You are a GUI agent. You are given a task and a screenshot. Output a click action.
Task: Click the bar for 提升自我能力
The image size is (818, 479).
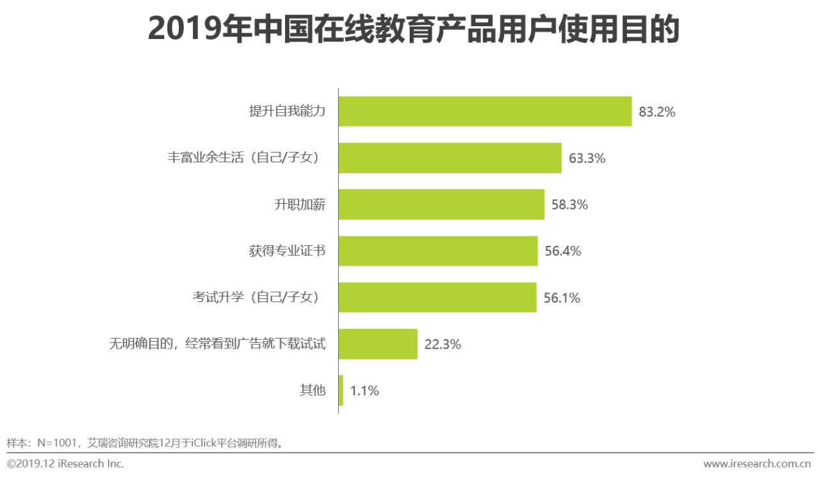coord(485,111)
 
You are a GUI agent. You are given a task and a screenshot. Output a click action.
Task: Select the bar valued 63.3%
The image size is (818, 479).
coord(450,158)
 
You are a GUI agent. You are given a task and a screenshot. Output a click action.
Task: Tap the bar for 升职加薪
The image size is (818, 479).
coord(442,204)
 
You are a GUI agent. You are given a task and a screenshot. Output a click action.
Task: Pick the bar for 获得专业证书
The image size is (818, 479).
coord(438,251)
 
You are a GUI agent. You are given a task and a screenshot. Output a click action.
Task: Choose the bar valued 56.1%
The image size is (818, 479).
coord(438,297)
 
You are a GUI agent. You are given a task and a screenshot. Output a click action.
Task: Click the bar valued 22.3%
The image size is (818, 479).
coord(378,344)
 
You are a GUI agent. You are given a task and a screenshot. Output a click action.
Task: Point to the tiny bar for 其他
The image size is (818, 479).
coord(341,390)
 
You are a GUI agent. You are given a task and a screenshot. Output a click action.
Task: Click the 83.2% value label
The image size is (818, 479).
coord(657,112)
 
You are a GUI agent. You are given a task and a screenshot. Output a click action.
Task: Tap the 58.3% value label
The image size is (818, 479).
coord(569,205)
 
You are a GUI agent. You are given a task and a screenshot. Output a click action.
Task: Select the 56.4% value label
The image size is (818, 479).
coord(563,251)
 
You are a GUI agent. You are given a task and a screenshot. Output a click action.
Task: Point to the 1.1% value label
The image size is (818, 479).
coord(364,391)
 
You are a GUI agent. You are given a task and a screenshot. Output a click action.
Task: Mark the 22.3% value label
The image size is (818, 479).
coord(443,344)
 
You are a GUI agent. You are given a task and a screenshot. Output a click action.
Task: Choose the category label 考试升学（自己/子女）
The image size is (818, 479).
coord(259,297)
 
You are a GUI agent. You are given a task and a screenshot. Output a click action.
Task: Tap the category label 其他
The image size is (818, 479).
coord(313,390)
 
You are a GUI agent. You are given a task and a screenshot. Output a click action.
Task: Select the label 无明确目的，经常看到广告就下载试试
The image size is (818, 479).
coord(217,344)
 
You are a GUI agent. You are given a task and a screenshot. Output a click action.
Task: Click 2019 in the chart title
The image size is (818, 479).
coord(185,29)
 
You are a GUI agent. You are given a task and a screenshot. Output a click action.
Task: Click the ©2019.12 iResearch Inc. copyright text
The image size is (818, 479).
coord(65,464)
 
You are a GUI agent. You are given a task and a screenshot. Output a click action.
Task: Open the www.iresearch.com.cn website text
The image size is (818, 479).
coord(757,464)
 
